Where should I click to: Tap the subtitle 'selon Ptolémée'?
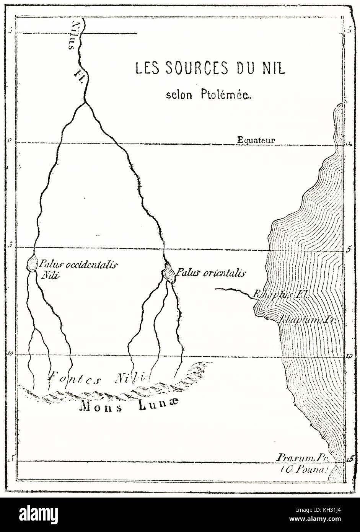[209, 95]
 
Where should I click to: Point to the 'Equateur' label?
[256, 140]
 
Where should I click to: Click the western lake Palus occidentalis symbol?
[32, 263]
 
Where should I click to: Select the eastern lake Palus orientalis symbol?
[169, 274]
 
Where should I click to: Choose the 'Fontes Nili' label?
[96, 379]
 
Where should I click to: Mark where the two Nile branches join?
[85, 103]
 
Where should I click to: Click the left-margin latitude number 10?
[9, 354]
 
